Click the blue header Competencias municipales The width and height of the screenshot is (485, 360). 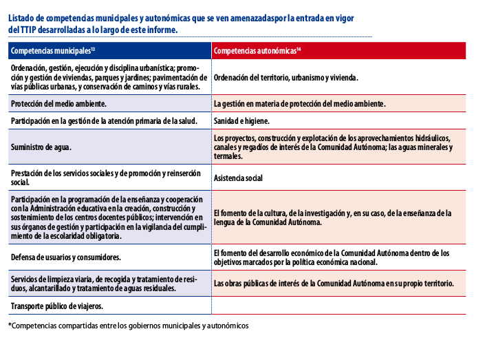click(52, 51)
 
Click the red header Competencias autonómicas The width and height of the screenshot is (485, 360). click(256, 51)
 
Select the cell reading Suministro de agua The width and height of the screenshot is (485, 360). click(41, 147)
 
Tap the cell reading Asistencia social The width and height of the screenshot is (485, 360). click(238, 178)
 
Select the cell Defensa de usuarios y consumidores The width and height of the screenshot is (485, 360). click(66, 257)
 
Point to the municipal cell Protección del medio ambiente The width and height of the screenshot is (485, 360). click(58, 103)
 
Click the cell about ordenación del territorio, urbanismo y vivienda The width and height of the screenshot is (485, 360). click(285, 78)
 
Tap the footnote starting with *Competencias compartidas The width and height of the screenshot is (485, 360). click(128, 325)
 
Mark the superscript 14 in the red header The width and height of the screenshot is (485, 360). click(299, 49)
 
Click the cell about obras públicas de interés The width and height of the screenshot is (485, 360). click(334, 284)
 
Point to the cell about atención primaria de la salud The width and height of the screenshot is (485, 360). click(104, 120)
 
